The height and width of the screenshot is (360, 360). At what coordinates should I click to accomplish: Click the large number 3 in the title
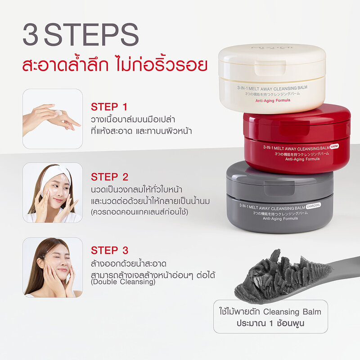click(31, 36)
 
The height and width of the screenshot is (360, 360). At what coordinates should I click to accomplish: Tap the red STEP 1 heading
click(109, 107)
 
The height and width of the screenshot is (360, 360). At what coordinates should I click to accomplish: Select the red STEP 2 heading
click(109, 176)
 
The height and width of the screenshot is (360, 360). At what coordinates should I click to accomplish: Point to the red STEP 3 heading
click(109, 250)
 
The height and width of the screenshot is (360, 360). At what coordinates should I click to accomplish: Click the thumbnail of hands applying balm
click(52, 119)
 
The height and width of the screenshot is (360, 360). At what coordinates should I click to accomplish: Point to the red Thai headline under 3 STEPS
click(115, 63)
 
